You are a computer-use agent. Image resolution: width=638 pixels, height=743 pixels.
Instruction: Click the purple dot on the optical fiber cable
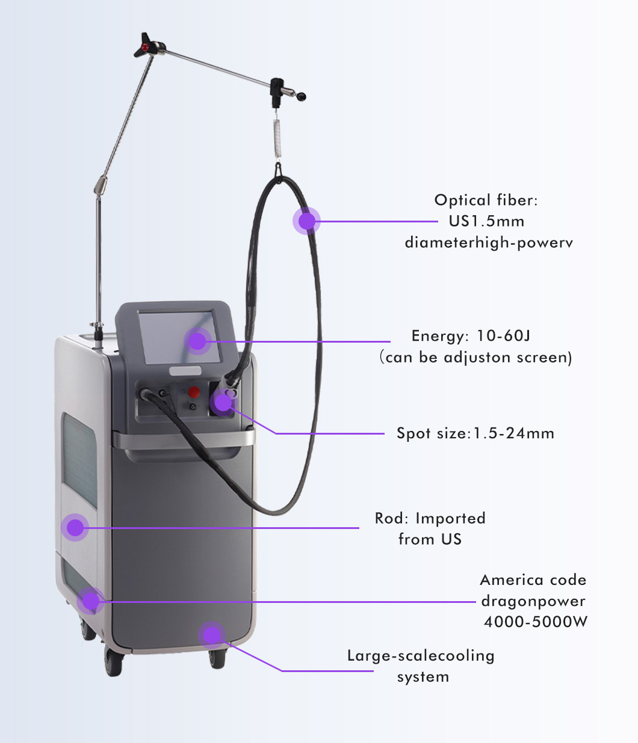[306, 221]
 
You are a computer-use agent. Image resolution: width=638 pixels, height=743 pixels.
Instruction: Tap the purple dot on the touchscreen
[197, 341]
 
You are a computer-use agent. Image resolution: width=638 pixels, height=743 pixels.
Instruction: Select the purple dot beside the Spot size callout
[223, 402]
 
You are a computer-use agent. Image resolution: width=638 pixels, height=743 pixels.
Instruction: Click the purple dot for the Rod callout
[75, 528]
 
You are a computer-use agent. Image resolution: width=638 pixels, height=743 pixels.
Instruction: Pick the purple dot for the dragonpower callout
[90, 601]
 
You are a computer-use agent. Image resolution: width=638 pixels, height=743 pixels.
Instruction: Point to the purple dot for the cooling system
[212, 635]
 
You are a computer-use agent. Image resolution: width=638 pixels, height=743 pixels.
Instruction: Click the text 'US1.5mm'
[486, 221]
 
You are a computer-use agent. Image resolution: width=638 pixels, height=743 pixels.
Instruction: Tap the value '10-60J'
[503, 336]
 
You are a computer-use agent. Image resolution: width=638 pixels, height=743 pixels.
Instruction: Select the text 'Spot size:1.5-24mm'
[475, 433]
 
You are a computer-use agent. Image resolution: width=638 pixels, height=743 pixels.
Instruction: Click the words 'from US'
[430, 539]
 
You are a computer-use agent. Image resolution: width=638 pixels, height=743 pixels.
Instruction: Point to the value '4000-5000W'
[536, 622]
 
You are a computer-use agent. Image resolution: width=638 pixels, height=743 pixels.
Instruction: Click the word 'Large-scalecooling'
[421, 656]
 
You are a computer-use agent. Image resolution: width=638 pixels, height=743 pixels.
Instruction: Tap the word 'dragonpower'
[533, 601]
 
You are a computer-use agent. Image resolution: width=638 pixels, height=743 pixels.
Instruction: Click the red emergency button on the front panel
[194, 392]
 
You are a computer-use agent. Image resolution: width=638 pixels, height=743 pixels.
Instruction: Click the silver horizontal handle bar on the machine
[184, 439]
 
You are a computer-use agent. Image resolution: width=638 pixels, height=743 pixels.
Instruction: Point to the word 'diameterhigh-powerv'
[489, 243]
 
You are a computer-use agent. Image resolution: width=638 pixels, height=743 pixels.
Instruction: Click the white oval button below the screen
[185, 371]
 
